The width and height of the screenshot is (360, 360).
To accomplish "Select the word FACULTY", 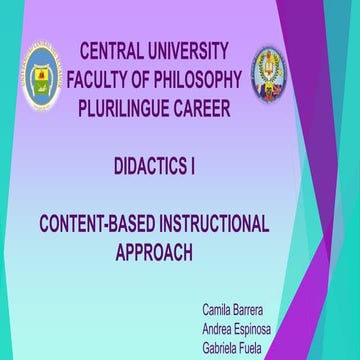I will [x=104, y=78].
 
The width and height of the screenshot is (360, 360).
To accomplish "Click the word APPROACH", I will [x=154, y=252].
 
